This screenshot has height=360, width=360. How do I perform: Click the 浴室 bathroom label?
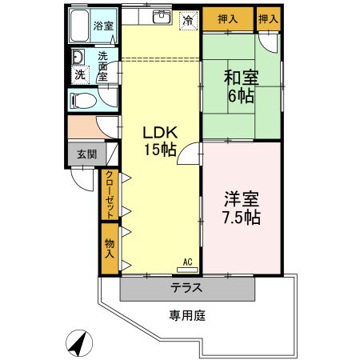point(102,26)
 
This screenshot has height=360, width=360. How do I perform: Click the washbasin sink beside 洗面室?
point(78,58)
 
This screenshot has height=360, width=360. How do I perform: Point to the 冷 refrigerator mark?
point(186,20)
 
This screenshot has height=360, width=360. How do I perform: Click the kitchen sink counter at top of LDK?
point(159,17)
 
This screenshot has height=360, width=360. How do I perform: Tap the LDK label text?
point(159,132)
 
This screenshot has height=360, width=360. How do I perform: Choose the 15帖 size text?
point(160,150)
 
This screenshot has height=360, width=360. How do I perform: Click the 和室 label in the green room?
point(241,78)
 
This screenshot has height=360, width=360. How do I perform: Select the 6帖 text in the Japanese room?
point(241,97)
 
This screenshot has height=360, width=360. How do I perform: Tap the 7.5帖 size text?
point(242,218)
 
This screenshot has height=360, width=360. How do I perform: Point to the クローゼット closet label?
point(110,195)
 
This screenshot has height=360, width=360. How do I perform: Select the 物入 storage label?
point(110,247)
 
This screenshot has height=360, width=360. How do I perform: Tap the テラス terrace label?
point(186,288)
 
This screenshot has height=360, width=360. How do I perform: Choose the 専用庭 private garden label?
point(186,315)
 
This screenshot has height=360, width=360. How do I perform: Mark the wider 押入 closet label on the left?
point(227,18)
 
